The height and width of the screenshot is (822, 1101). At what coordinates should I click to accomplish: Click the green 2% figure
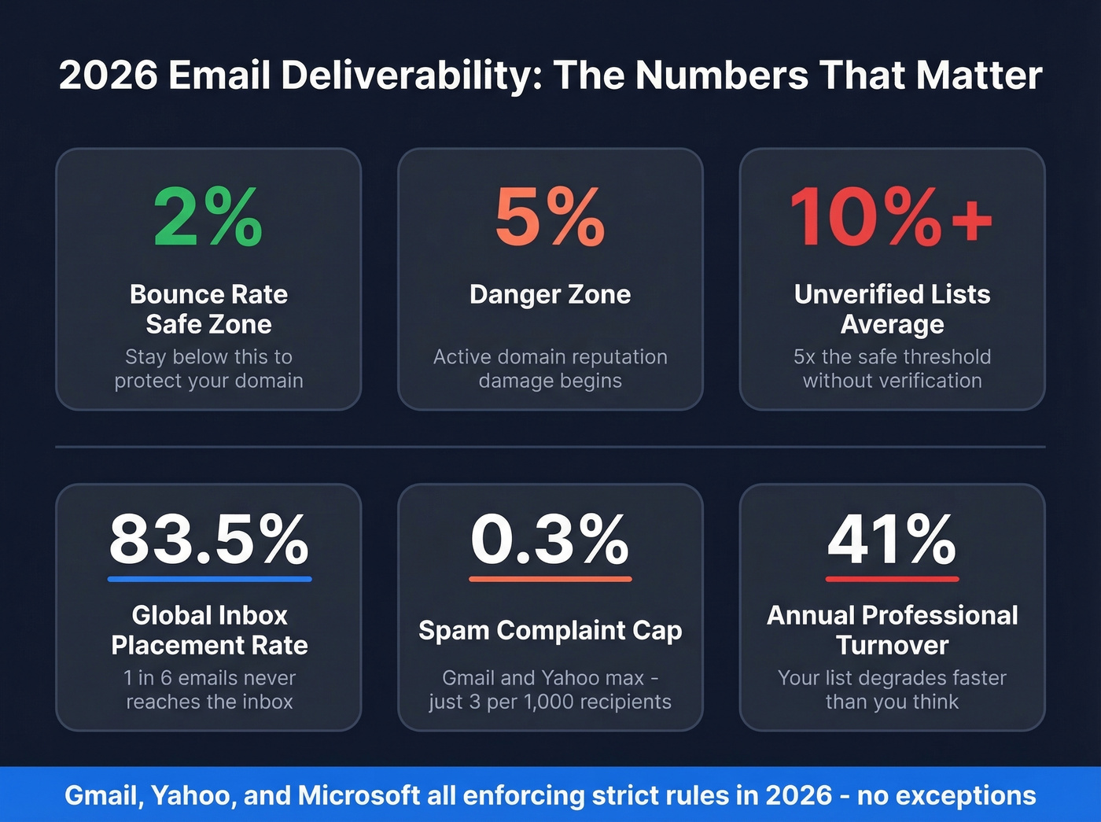(208, 217)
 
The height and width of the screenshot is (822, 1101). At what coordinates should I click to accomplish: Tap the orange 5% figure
(550, 217)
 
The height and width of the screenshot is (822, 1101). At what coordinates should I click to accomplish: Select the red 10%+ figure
(891, 217)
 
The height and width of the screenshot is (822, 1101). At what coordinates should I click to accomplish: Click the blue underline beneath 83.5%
(209, 579)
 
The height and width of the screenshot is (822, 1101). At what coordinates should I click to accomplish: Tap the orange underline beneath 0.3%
(550, 579)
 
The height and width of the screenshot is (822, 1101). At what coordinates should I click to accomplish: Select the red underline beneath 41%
(892, 579)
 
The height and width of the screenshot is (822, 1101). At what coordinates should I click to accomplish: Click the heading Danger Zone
(550, 294)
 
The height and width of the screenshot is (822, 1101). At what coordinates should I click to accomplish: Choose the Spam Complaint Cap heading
(550, 630)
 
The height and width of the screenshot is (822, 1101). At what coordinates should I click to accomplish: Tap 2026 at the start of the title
(108, 76)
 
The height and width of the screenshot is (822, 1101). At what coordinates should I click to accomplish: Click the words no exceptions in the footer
(946, 795)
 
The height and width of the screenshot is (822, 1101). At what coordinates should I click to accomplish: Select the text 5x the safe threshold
(892, 356)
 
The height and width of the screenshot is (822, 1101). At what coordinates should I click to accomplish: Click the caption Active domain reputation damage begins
(550, 368)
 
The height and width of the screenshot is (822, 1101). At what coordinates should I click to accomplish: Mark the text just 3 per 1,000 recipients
(550, 702)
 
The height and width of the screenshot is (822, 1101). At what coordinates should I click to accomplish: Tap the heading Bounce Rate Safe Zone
(208, 309)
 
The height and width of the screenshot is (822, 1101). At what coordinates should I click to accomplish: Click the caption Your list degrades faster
(892, 677)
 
